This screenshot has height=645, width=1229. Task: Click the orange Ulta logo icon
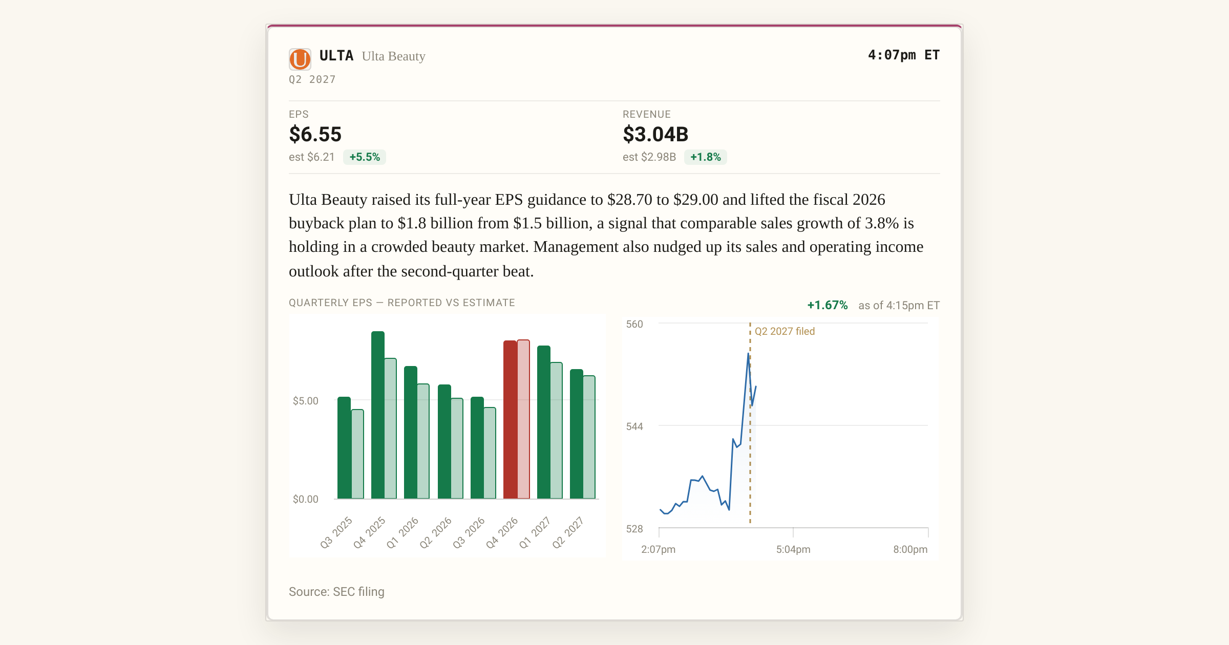coord(300,59)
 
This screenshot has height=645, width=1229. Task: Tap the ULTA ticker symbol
coord(336,56)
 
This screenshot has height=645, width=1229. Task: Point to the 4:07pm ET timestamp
coord(904,55)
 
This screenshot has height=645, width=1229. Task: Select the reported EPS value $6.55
coord(315,134)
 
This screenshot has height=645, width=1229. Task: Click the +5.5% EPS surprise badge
coord(365,157)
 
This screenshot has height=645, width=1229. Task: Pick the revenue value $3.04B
coord(655,134)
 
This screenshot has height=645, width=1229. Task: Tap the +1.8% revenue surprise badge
coord(706,157)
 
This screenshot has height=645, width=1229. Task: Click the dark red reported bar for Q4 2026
coord(510,420)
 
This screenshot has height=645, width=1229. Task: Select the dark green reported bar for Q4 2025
coord(378,415)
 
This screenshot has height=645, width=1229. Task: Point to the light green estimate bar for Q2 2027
coord(589,437)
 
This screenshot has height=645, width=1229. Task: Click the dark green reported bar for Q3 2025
coord(344,448)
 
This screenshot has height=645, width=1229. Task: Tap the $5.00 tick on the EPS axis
coord(306,401)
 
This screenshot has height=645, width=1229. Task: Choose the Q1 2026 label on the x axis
coord(403,532)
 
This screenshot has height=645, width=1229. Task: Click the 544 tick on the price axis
coord(634,426)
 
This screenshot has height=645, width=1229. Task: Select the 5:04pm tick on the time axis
coord(793,549)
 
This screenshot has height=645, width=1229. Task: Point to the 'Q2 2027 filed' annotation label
coord(785,331)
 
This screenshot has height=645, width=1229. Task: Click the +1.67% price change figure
coord(828,305)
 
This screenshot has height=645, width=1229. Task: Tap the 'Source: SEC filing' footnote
coord(336,592)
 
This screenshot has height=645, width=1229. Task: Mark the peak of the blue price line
coord(748,353)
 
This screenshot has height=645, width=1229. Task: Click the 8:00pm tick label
coord(910,549)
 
